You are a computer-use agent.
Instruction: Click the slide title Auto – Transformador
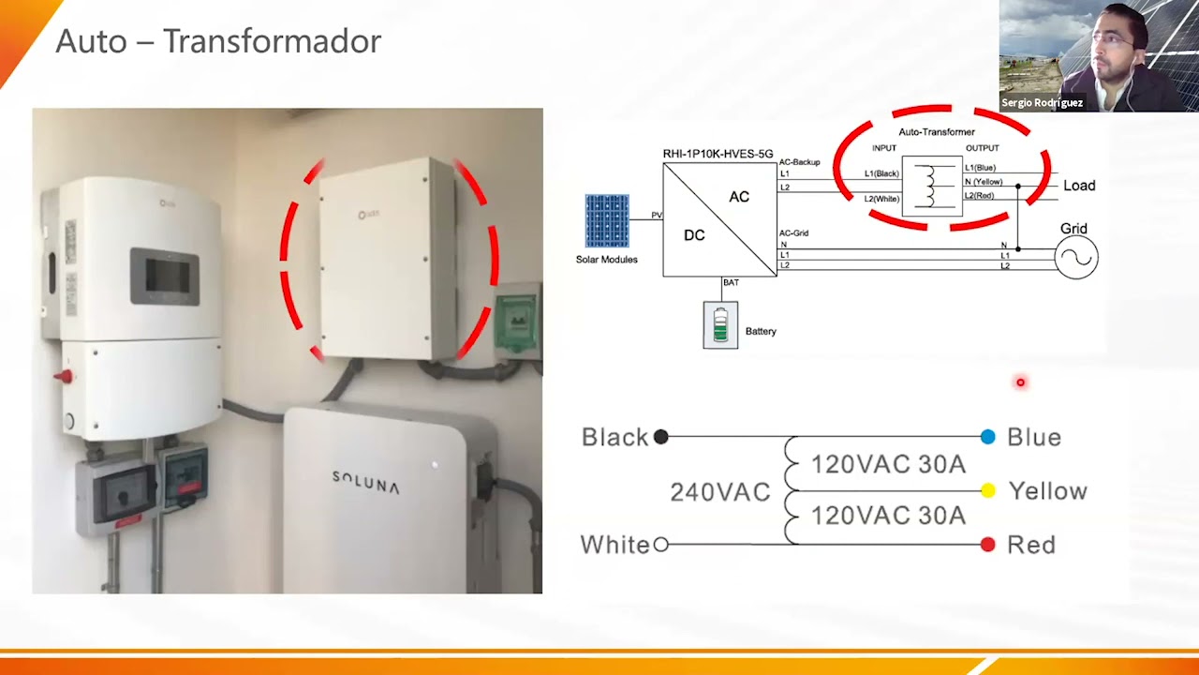[x=218, y=41]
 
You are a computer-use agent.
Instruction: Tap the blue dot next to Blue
[x=987, y=437]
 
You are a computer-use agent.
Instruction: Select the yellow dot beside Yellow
[x=987, y=490]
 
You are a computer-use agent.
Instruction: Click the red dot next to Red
[x=987, y=545]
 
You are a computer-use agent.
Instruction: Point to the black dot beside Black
[x=660, y=437]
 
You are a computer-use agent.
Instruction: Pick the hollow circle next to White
[x=660, y=545]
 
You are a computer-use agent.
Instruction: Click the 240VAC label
[x=719, y=492]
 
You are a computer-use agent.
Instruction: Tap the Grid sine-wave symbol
[x=1076, y=258]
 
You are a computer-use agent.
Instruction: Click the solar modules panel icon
[x=607, y=220]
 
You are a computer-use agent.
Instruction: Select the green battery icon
[x=720, y=324]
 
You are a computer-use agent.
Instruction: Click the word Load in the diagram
[x=1079, y=186]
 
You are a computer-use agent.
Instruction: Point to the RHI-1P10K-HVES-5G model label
[x=718, y=154]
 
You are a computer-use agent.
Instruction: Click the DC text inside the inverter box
[x=694, y=235]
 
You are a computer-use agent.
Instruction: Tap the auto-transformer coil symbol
[x=931, y=187]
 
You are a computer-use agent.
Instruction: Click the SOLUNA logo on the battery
[x=365, y=482]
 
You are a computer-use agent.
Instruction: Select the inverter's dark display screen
[x=165, y=275]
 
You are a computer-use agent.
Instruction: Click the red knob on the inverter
[x=63, y=377]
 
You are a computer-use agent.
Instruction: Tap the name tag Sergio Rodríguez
[x=1042, y=103]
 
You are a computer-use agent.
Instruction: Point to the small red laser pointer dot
[x=1020, y=382]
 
